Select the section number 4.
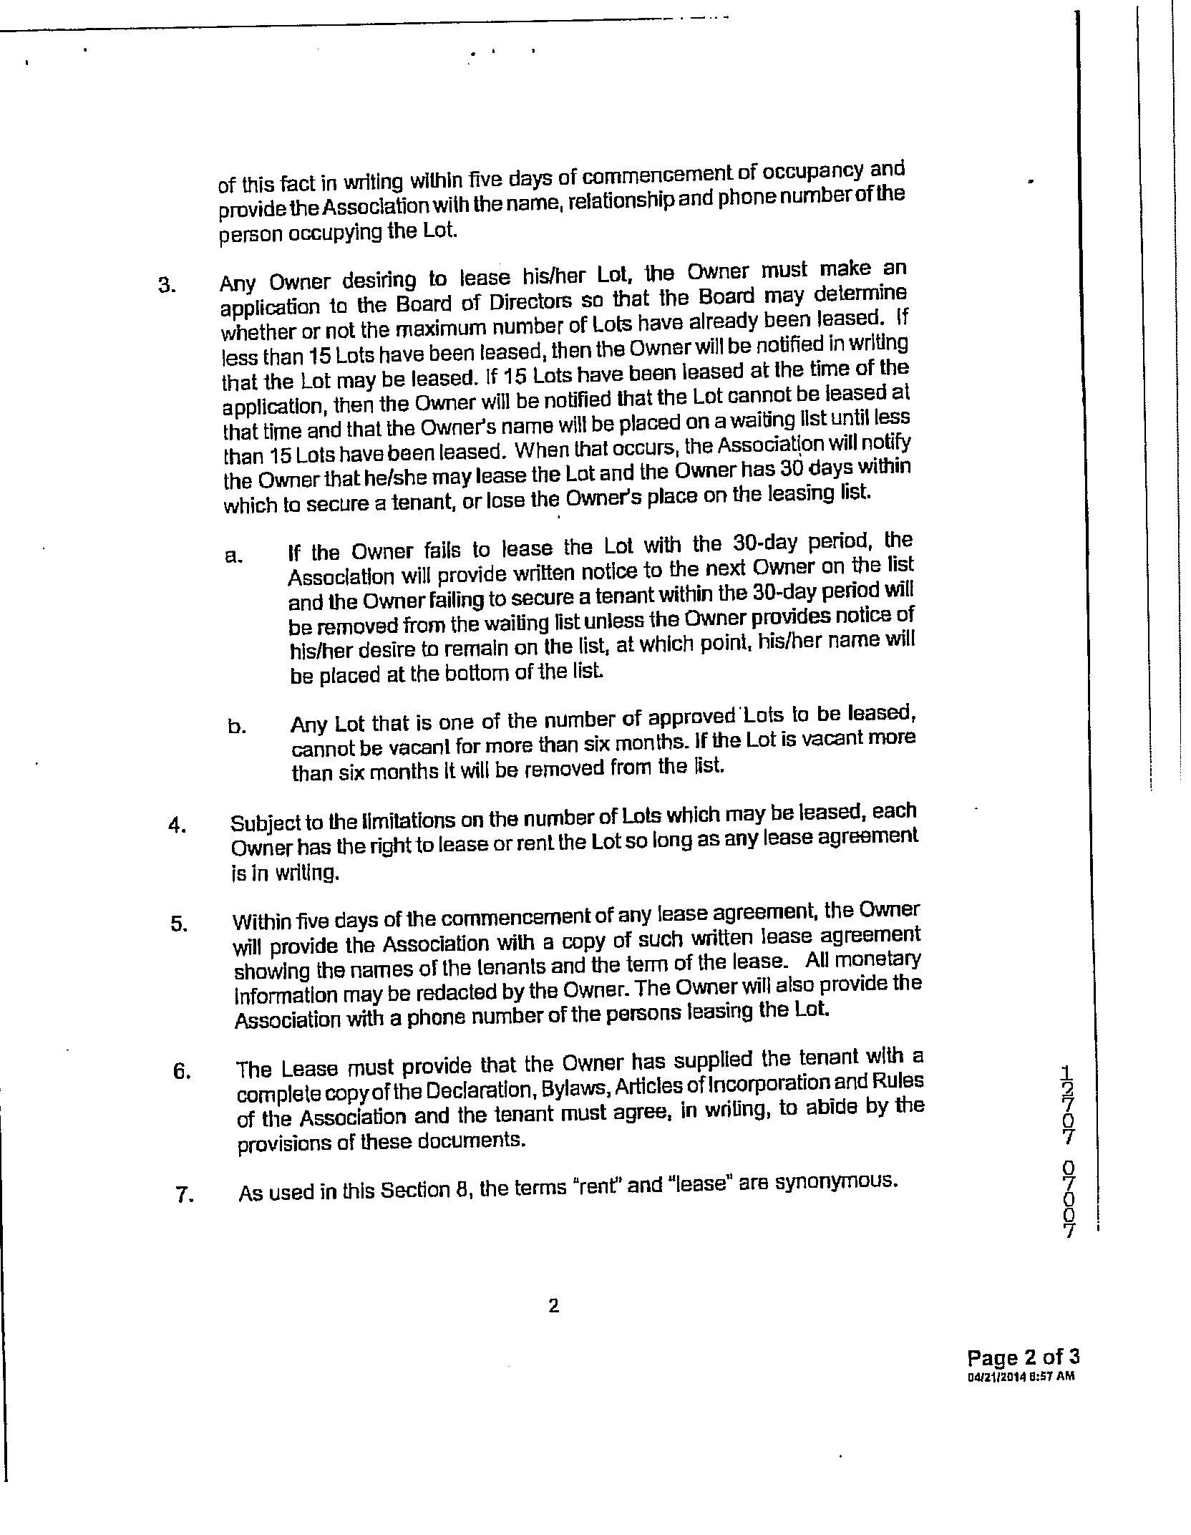point(177,825)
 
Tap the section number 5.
point(178,924)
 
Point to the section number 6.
point(181,1072)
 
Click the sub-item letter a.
point(233,556)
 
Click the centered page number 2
point(553,1307)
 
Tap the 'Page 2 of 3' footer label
point(1022,1357)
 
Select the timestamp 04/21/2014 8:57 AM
point(1021,1376)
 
